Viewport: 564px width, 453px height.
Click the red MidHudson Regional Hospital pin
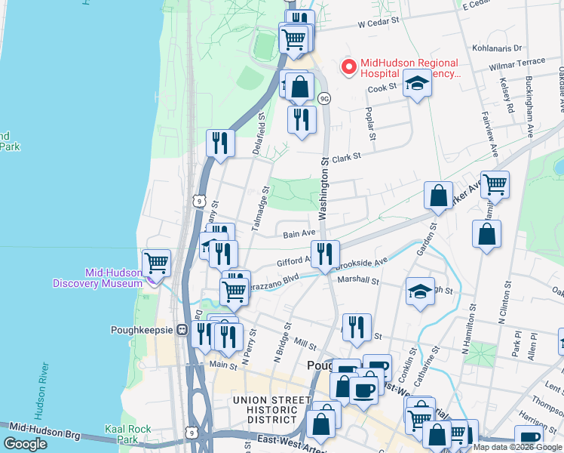349,67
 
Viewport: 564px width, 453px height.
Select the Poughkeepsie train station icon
182,330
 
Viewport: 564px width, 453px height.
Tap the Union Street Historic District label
272,409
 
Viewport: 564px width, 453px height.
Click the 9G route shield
324,98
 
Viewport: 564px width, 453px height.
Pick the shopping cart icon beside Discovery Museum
156,263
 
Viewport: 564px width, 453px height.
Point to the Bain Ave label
298,235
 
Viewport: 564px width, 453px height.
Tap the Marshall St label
357,279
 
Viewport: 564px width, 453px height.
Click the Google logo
25,444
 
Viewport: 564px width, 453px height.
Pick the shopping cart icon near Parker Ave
495,184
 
